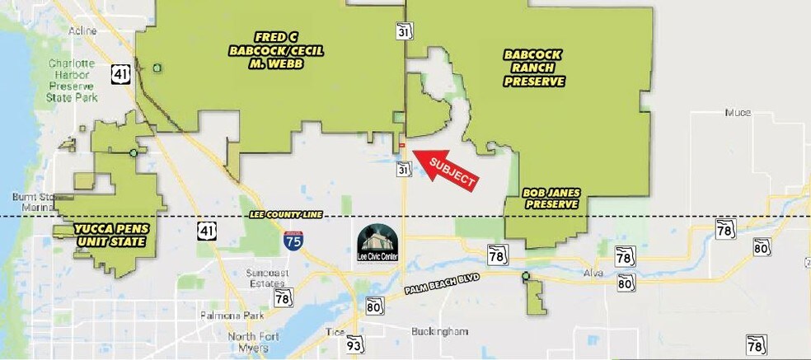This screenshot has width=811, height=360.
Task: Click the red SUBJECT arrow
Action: (x=446, y=167)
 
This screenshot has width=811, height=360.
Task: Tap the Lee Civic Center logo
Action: (x=377, y=241)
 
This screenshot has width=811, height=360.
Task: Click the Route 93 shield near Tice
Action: (x=354, y=343)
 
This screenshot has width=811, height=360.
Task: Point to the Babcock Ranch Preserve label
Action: (x=534, y=68)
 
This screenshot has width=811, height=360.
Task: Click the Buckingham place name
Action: (x=439, y=331)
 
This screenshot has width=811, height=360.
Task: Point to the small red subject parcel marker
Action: (x=401, y=146)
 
